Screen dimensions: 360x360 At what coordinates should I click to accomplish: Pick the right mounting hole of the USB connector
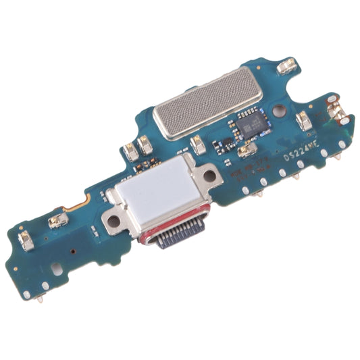coord(210,176)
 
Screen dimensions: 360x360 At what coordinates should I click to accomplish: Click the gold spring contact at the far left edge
coord(26,238)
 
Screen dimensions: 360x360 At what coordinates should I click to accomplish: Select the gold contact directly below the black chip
coord(247,150)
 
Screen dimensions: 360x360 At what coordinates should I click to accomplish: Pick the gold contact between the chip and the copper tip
coord(304,122)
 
